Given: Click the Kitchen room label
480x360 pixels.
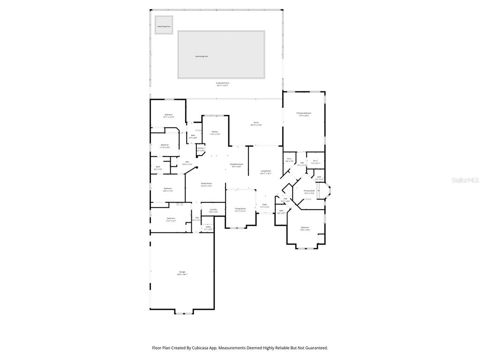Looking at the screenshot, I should click(x=214, y=132).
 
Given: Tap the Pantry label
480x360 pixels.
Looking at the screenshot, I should click(x=201, y=148).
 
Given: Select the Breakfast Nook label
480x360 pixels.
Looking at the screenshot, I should click(x=237, y=164).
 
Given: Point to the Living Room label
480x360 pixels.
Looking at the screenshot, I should click(x=266, y=171).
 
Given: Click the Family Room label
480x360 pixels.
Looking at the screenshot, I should click(x=206, y=183).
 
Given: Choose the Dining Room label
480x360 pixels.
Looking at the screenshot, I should click(x=240, y=208).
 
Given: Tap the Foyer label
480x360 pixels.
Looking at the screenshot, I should click(x=264, y=204).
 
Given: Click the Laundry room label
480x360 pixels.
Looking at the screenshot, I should click(x=213, y=210).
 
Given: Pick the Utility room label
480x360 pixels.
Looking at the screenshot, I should click(x=208, y=226).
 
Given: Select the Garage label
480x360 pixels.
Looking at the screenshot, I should click(x=182, y=272).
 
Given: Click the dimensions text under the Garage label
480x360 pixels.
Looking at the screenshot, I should click(x=182, y=275).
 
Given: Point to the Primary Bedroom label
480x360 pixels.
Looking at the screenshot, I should click(x=304, y=113).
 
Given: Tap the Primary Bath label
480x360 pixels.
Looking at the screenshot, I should click(x=309, y=191).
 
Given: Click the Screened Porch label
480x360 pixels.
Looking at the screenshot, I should click(x=223, y=83).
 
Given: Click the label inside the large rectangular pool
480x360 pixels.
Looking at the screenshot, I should click(x=202, y=56).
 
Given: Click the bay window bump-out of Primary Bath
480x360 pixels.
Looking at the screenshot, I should click(x=327, y=191).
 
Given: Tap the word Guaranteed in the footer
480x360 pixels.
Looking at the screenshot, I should click(x=316, y=348).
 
